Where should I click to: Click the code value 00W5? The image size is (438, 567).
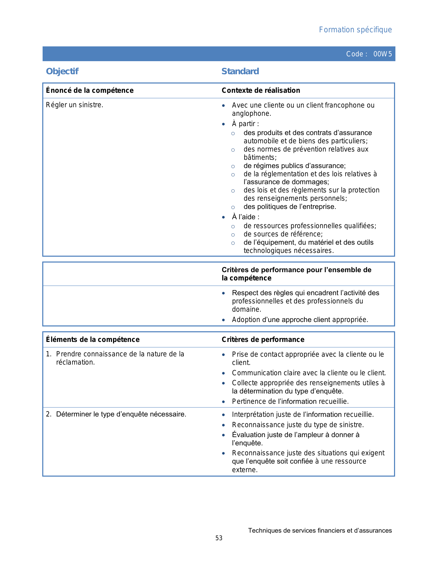[382, 54]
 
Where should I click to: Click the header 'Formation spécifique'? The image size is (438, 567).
[355, 30]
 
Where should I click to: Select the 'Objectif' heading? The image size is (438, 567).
[62, 71]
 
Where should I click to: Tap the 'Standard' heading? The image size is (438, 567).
[240, 71]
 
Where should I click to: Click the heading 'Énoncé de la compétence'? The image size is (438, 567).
[90, 90]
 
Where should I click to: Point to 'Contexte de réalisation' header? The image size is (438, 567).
[261, 90]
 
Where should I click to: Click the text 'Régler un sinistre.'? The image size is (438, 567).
[75, 105]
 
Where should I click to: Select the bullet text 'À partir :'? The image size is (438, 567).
[245, 124]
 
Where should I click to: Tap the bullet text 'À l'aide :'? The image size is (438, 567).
[245, 217]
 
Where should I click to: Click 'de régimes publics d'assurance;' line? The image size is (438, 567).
[294, 166]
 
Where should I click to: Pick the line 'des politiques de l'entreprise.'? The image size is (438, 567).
[290, 207]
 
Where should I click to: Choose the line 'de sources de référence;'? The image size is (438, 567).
[283, 234]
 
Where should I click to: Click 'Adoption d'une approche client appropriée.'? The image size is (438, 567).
[300, 320]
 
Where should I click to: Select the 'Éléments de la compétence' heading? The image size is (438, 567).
[93, 340]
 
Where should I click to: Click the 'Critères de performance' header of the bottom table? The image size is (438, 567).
[263, 340]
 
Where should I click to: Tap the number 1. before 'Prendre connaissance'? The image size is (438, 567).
[48, 354]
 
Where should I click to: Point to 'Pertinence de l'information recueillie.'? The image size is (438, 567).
[290, 401]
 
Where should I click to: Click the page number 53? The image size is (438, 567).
[219, 538]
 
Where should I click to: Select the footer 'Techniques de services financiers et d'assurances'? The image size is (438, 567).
[320, 531]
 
